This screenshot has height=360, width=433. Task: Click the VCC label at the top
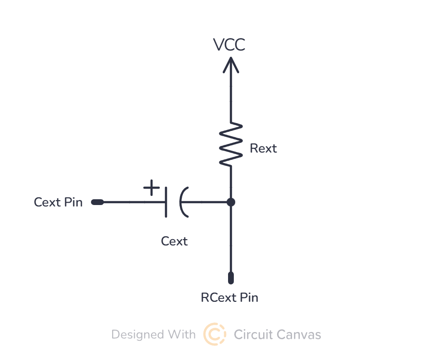pyautogui.click(x=229, y=45)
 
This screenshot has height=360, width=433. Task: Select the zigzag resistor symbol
pyautogui.click(x=231, y=144)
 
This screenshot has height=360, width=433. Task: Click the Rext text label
pyautogui.click(x=263, y=148)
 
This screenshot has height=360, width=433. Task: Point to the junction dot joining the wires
pyautogui.click(x=231, y=202)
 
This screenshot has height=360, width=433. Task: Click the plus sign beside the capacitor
pyautogui.click(x=152, y=187)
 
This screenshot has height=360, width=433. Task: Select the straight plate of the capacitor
pyautogui.click(x=166, y=202)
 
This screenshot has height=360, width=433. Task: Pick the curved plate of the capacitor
pyautogui.click(x=183, y=202)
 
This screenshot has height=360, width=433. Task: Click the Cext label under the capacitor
pyautogui.click(x=174, y=241)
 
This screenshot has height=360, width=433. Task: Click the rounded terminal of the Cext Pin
pyautogui.click(x=97, y=202)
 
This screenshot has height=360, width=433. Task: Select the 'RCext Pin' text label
pyautogui.click(x=229, y=297)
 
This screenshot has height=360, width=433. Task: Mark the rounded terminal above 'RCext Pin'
pyautogui.click(x=231, y=278)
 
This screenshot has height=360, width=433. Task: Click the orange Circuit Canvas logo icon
pyautogui.click(x=215, y=334)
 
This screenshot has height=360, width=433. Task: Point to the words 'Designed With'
pyautogui.click(x=153, y=334)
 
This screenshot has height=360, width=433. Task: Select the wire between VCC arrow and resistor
pyautogui.click(x=231, y=96)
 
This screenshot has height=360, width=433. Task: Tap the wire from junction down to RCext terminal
pyautogui.click(x=231, y=241)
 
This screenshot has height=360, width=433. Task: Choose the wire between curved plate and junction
pyautogui.click(x=207, y=202)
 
